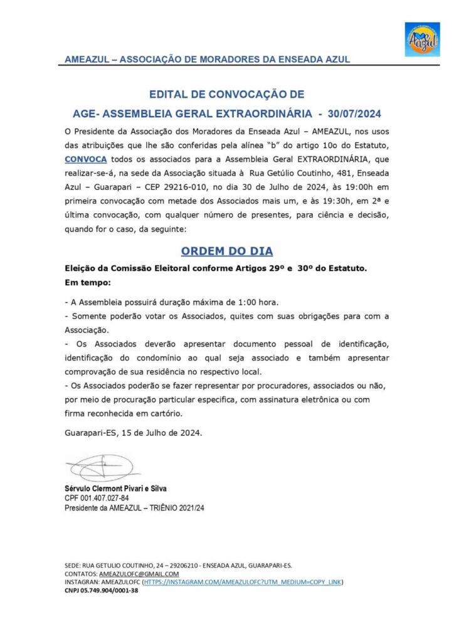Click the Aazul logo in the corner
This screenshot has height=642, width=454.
click(422, 39)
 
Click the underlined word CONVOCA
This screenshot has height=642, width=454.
click(86, 159)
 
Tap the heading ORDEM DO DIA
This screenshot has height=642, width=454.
click(226, 251)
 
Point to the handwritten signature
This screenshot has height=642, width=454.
click(100, 467)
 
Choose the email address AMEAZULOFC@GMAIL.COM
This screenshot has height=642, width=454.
click(139, 574)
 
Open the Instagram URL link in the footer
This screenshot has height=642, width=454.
click(243, 582)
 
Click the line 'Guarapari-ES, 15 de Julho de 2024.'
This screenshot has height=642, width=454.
click(134, 433)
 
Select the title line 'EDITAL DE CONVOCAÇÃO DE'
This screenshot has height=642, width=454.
click(226, 95)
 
